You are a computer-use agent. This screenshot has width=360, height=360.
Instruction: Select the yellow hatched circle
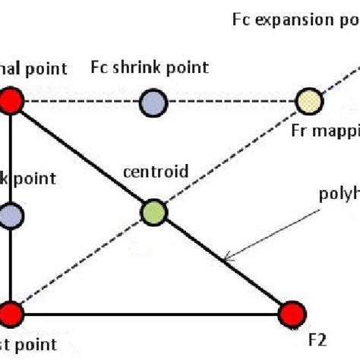click(308, 101)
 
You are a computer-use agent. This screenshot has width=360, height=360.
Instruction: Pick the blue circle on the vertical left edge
click(11, 216)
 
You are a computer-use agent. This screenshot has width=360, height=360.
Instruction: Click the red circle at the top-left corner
click(11, 101)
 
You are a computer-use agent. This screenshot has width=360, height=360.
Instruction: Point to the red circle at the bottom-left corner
click(11, 312)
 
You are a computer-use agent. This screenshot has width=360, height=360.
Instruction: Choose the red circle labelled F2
click(291, 312)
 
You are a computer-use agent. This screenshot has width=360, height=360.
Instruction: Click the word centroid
click(155, 172)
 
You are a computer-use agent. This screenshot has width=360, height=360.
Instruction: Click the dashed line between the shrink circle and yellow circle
click(228, 101)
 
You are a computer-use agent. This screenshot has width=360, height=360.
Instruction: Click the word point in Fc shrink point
click(189, 68)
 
